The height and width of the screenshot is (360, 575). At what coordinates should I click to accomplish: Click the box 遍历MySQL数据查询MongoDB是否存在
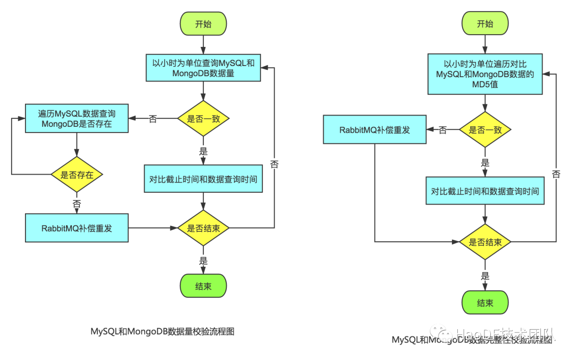coord(77,118)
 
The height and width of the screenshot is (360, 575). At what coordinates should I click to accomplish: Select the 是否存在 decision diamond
coord(77,175)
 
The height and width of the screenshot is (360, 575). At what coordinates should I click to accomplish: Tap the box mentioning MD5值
coord(485,74)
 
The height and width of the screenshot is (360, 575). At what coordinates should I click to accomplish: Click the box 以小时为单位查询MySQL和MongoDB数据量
coord(203,68)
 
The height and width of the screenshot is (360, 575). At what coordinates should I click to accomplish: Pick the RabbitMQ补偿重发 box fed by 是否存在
coord(77,228)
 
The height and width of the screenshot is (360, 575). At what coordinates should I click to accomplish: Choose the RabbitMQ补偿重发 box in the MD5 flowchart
coord(375,130)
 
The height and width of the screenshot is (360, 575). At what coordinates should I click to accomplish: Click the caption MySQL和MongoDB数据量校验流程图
coord(162,331)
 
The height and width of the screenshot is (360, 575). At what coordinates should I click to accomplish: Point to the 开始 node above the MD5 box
coord(485,23)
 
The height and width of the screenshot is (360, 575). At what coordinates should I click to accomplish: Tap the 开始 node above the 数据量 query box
coord(203,23)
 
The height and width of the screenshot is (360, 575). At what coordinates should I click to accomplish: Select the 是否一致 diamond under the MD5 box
coord(485,130)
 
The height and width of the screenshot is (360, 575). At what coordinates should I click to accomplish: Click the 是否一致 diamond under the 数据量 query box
coord(203,119)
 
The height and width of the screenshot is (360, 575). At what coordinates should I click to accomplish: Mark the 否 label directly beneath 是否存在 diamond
coord(77,203)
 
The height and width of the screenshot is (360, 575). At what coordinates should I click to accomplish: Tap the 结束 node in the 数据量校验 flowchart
coord(203,287)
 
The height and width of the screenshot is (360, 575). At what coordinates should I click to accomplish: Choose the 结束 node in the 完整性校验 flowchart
coord(485,303)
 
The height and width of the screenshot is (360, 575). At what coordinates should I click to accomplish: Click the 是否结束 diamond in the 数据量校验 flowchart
coord(203,228)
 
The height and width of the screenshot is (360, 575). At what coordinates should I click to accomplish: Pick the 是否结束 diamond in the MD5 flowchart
coord(485,242)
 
